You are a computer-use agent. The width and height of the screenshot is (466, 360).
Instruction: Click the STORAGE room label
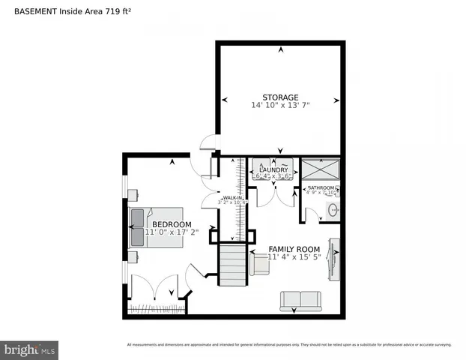pyautogui.click(x=280, y=97)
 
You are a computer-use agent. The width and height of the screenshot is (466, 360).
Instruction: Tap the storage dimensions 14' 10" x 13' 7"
pyautogui.click(x=280, y=106)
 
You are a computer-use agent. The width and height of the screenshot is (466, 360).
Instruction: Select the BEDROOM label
pyautogui.click(x=172, y=224)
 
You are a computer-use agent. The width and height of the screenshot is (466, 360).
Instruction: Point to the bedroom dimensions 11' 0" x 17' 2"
pyautogui.click(x=172, y=232)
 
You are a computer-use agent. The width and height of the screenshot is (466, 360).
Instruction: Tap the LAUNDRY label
pyautogui.click(x=273, y=170)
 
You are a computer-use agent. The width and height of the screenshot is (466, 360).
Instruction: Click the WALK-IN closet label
pyautogui.click(x=232, y=198)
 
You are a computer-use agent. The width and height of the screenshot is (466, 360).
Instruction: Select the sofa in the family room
pyautogui.click(x=300, y=301)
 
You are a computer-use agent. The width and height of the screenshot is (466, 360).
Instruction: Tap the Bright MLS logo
pyautogui.click(x=30, y=350)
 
